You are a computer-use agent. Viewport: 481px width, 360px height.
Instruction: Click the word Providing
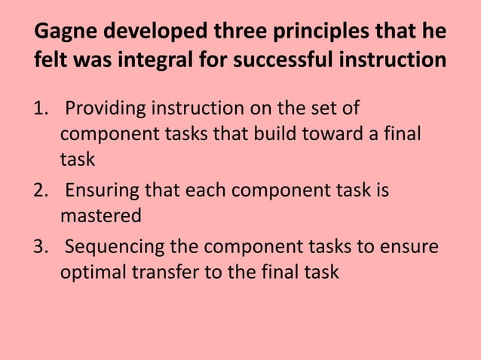coord(106,108)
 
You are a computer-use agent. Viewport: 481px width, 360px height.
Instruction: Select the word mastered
coord(100,217)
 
